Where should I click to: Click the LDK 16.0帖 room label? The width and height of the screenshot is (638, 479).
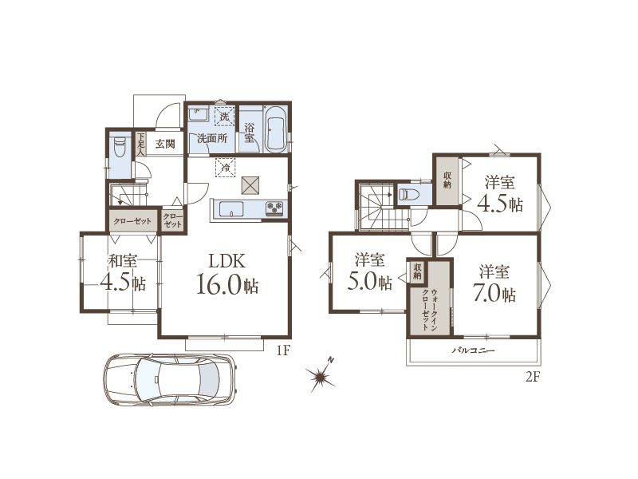point(227,274)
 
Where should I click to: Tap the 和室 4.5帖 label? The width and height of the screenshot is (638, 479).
point(123,272)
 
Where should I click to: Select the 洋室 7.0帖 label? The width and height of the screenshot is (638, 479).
point(494,283)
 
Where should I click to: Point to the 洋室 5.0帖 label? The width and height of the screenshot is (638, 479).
point(369,271)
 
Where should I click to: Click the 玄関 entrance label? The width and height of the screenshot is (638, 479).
point(165,144)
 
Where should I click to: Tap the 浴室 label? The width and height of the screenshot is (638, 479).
point(250,133)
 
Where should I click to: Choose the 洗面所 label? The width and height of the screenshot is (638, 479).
point(211,138)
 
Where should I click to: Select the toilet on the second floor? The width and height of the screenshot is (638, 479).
point(408,194)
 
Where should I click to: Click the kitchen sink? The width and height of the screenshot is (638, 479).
point(231,209)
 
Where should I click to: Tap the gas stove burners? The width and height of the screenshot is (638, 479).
point(274,208)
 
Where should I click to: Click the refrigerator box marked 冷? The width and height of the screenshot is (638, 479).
point(226,167)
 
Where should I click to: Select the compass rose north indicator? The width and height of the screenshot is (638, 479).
point(321,375)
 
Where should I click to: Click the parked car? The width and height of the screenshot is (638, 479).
point(169,379)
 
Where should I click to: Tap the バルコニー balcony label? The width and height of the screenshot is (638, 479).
point(473,350)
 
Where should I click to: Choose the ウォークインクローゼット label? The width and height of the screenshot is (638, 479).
point(430,309)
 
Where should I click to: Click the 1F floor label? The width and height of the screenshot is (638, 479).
point(283,350)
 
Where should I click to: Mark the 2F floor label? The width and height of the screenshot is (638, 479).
point(532,378)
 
